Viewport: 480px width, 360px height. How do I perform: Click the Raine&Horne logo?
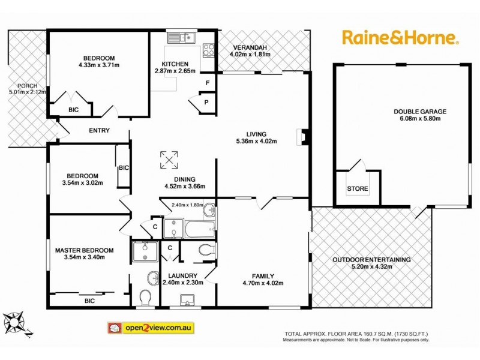[401, 37]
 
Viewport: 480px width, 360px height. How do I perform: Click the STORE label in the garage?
[358, 189]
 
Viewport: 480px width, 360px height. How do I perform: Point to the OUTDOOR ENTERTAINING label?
[372, 259]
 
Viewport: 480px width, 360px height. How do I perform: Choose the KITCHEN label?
[175, 64]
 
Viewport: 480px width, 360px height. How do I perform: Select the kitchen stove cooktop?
[209, 49]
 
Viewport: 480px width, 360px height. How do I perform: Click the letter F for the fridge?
[207, 82]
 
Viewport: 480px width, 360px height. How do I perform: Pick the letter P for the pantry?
[206, 102]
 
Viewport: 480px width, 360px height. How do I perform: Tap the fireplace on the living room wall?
[302, 137]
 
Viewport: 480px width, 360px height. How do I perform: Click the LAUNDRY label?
[184, 275]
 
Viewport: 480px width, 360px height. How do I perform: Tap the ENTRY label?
[99, 130]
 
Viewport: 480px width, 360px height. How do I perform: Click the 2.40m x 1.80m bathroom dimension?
[188, 205]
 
